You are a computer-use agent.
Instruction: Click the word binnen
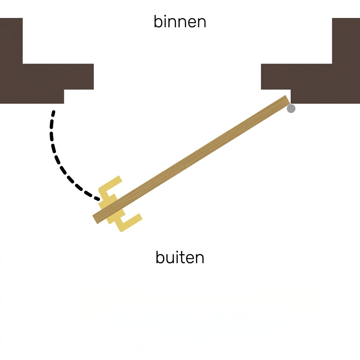click(x=180, y=21)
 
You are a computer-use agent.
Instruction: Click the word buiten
click(x=180, y=257)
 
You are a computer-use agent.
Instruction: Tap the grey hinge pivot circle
click(x=291, y=109)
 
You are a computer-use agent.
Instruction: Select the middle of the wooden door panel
click(x=191, y=160)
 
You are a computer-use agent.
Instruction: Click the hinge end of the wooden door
click(x=288, y=100)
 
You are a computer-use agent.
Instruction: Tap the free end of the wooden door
click(x=95, y=220)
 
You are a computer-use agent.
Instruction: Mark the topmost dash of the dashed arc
click(x=53, y=113)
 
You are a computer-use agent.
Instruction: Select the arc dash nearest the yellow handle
click(x=96, y=199)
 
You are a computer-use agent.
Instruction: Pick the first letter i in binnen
click(x=164, y=21)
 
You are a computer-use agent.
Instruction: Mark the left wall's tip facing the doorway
click(x=94, y=77)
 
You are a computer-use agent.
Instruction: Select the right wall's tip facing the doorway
click(x=261, y=77)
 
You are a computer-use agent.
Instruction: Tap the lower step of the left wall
click(x=32, y=97)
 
